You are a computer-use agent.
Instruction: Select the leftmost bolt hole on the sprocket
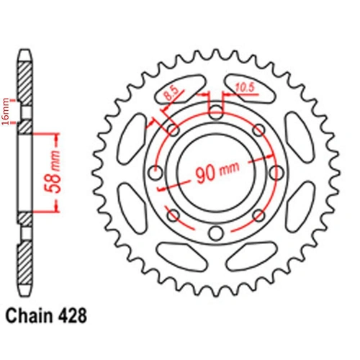click(x=155, y=173)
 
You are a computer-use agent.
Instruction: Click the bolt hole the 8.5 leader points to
click(x=173, y=130)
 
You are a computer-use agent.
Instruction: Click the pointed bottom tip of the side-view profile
click(x=25, y=296)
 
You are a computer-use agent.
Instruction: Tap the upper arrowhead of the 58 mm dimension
click(x=55, y=136)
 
